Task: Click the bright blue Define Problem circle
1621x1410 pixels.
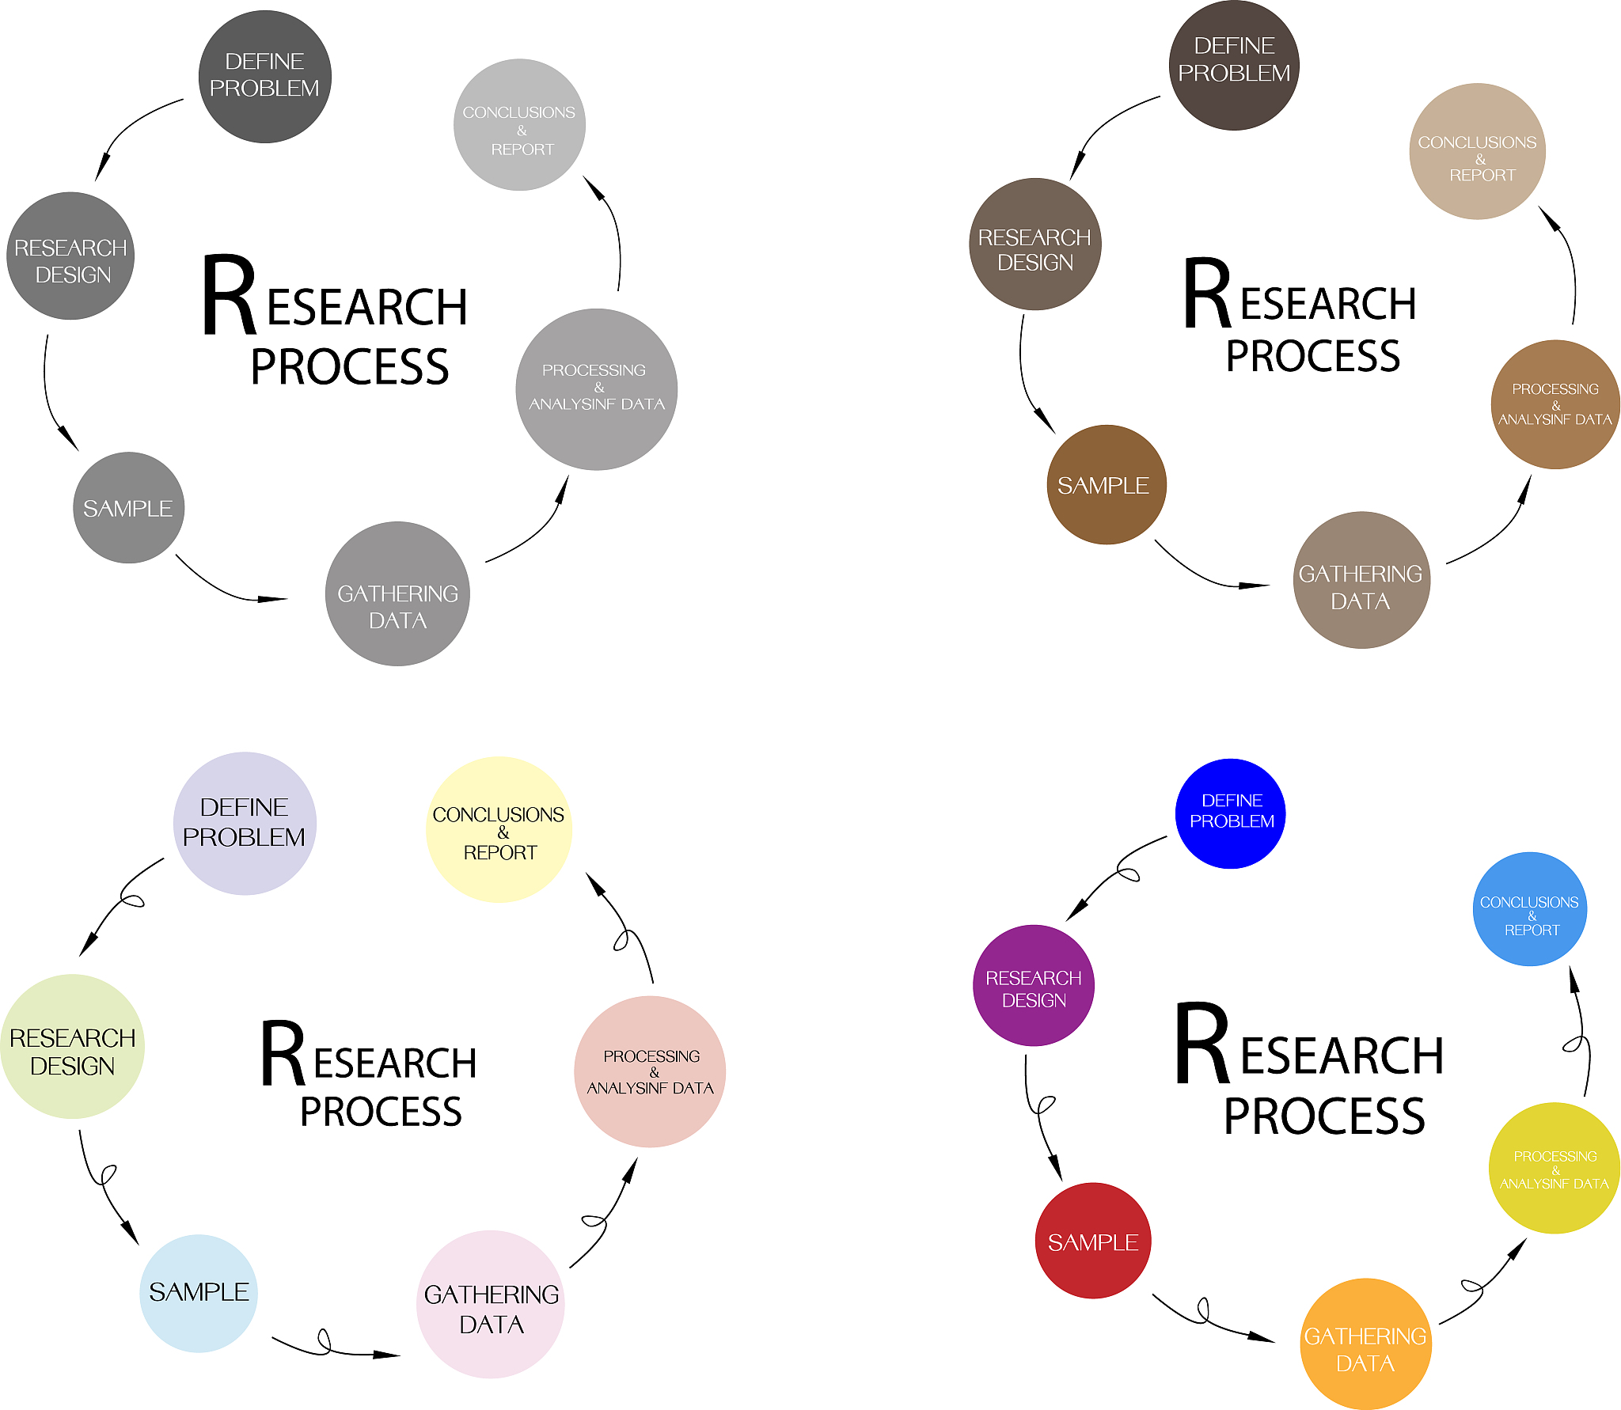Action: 1230,813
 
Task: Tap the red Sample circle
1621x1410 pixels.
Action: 1092,1240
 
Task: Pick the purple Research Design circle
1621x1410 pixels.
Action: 1033,985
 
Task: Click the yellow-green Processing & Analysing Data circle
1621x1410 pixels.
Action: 1554,1168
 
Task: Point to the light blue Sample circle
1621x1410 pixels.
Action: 198,1293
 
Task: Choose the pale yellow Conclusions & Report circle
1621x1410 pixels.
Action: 499,829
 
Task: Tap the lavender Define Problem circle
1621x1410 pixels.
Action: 245,823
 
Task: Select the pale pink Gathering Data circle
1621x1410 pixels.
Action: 491,1304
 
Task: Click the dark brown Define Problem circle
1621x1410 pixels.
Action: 1234,65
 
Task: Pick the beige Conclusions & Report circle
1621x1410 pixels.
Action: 1477,151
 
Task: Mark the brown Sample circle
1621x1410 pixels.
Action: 1106,484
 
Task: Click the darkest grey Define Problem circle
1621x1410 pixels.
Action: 264,77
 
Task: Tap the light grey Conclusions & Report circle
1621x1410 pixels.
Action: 519,125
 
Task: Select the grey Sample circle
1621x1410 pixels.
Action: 128,507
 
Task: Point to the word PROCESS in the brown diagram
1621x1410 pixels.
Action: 1312,355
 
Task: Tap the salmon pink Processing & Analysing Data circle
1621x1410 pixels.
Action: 650,1071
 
